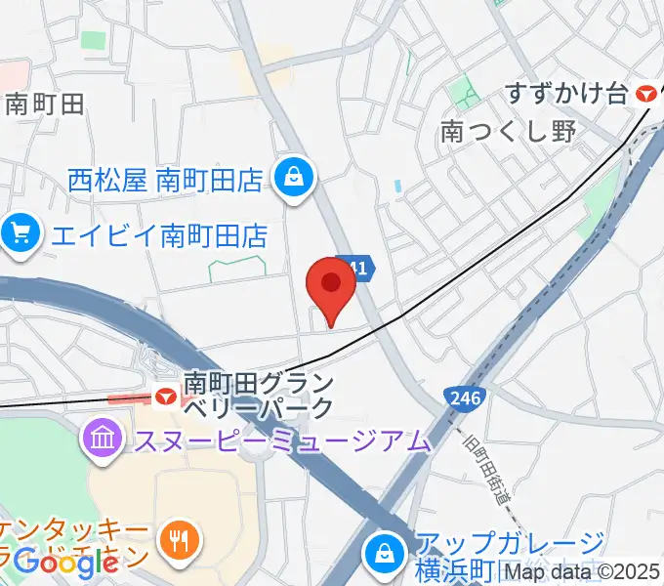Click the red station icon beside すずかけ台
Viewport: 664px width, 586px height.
645,94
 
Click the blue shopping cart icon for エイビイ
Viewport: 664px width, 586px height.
20,233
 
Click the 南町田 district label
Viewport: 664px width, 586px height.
45,104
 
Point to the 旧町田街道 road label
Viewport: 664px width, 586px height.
488,468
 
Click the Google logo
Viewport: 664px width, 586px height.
65,563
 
